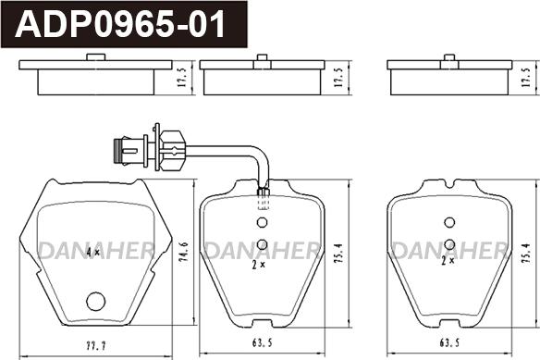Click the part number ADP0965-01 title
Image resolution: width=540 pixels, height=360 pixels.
(120, 24)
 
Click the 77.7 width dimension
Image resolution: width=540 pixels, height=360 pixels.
(96, 346)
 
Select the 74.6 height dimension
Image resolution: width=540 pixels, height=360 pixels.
(184, 252)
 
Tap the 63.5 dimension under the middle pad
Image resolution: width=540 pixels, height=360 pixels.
(262, 342)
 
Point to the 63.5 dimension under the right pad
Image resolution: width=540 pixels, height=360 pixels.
(449, 342)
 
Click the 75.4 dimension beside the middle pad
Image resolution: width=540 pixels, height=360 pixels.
(339, 254)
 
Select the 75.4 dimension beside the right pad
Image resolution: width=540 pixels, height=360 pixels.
(526, 254)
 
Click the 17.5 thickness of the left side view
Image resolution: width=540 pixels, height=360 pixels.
(182, 77)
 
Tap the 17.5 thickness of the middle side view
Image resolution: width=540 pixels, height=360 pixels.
(338, 77)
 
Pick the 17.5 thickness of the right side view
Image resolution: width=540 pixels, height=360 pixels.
(526, 77)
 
